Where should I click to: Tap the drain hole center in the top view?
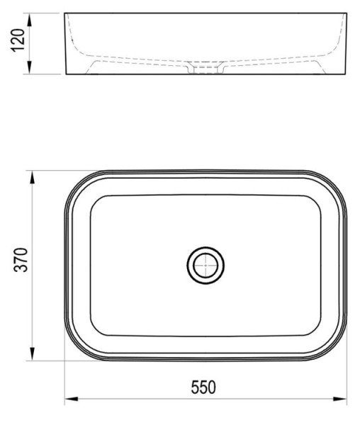click(206, 266)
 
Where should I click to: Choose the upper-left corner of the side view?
click(66, 13)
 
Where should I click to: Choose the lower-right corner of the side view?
click(347, 74)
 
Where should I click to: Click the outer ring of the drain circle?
click(206, 249)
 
